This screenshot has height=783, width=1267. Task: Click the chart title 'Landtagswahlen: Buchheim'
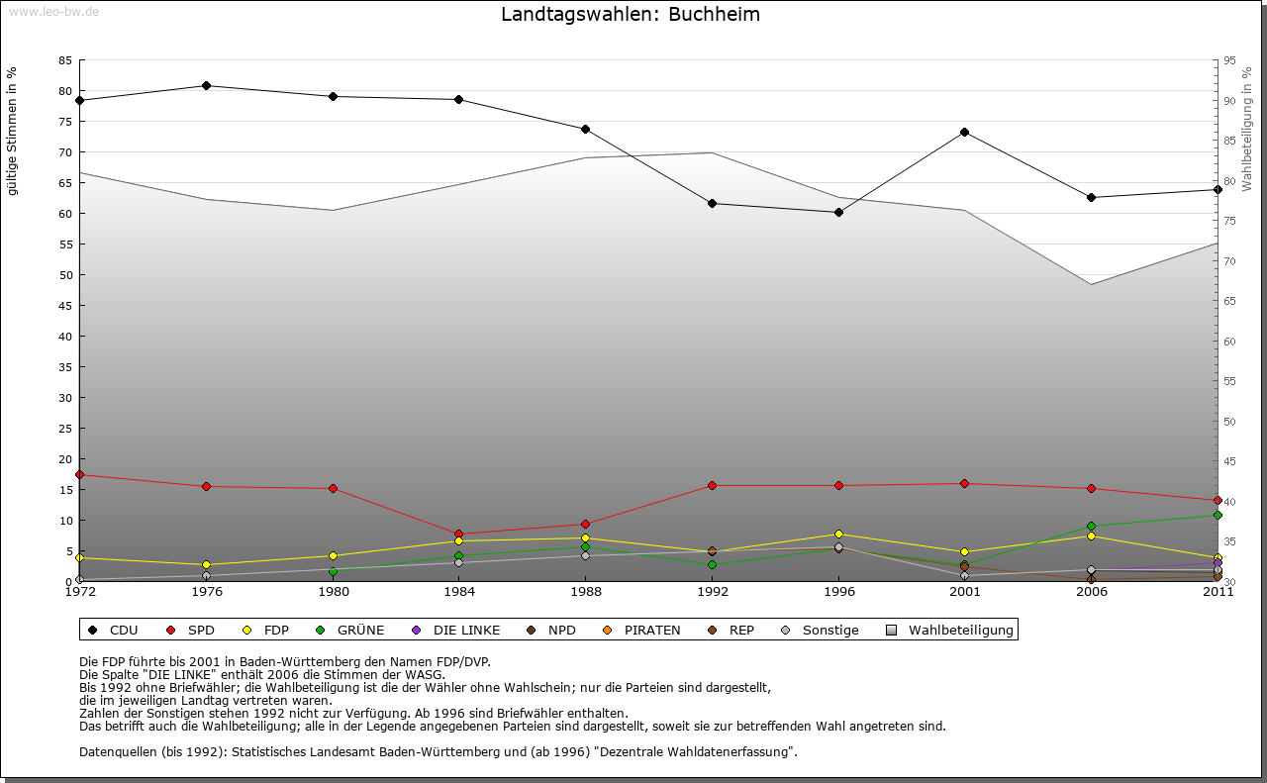pyautogui.click(x=631, y=15)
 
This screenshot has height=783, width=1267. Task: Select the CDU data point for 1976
pyautogui.click(x=206, y=85)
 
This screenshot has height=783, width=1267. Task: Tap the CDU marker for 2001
pyautogui.click(x=964, y=132)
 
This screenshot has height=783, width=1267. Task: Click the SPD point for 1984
pyautogui.click(x=458, y=534)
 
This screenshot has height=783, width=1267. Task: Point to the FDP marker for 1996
pyautogui.click(x=838, y=534)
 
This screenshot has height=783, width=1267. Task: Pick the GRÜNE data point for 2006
pyautogui.click(x=1091, y=526)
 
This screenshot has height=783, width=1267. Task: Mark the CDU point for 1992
pyautogui.click(x=712, y=203)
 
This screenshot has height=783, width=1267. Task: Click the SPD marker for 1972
pyautogui.click(x=79, y=475)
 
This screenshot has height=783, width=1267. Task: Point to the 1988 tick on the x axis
pyautogui.click(x=585, y=593)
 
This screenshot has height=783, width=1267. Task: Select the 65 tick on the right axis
pyautogui.click(x=1228, y=301)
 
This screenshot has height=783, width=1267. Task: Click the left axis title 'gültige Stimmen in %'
pyautogui.click(x=13, y=131)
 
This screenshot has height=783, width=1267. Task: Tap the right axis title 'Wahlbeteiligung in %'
pyautogui.click(x=1247, y=130)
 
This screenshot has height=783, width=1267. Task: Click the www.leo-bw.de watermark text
pyautogui.click(x=53, y=11)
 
